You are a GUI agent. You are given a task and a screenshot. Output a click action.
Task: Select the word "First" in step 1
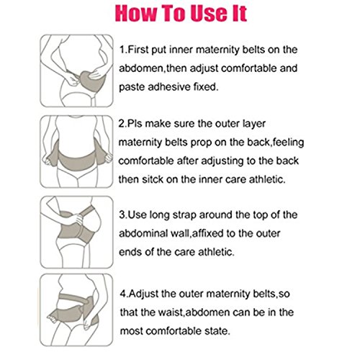pyautogui.click(x=138, y=50)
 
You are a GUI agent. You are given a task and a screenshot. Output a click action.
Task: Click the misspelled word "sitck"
pyautogui.click(x=153, y=179)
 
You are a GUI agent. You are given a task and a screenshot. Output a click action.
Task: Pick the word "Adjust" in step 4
pyautogui.click(x=144, y=294)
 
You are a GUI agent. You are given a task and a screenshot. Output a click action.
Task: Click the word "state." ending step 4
pyautogui.click(x=217, y=331)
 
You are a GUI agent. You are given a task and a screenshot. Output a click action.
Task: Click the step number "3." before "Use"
pyautogui.click(x=123, y=215)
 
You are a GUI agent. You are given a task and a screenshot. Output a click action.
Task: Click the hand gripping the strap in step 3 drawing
pyautogui.click(x=76, y=219)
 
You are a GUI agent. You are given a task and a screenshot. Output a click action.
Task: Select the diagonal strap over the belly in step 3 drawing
pyautogui.click(x=87, y=211)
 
